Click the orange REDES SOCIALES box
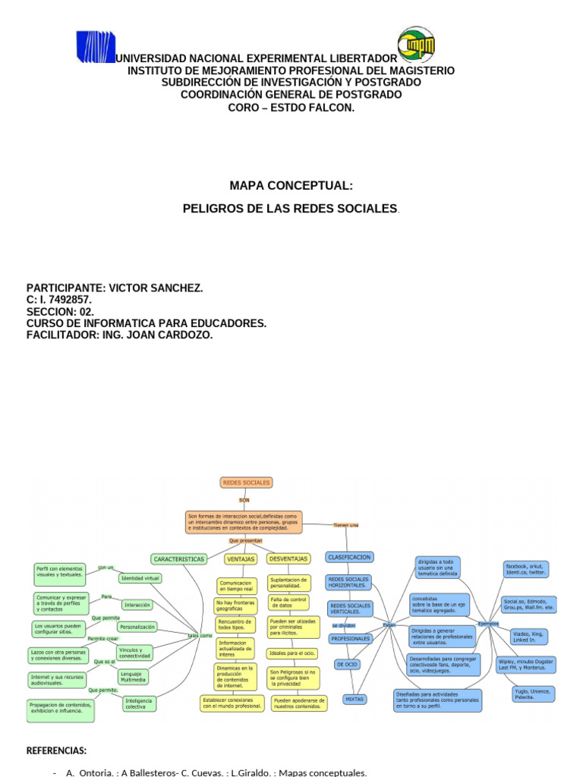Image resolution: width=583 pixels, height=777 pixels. [245, 482]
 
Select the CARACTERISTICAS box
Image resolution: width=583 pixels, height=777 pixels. [179, 558]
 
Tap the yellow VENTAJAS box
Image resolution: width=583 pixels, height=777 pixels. [241, 558]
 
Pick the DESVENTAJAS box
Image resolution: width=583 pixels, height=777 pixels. [288, 558]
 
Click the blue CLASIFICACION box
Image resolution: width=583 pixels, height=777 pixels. [348, 557]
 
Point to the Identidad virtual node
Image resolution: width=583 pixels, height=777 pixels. [140, 578]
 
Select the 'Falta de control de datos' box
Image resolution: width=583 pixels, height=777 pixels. [288, 602]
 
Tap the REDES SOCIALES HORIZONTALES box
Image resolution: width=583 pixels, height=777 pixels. [348, 583]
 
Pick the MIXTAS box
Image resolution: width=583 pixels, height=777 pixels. [355, 698]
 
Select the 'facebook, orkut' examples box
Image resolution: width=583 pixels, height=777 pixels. [526, 570]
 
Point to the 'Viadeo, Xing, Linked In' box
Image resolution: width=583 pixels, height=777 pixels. [529, 636]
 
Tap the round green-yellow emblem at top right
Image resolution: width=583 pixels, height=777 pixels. [417, 45]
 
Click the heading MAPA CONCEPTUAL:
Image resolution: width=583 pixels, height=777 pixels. [291, 185]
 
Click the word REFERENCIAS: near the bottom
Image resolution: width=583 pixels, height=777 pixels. [56, 750]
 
